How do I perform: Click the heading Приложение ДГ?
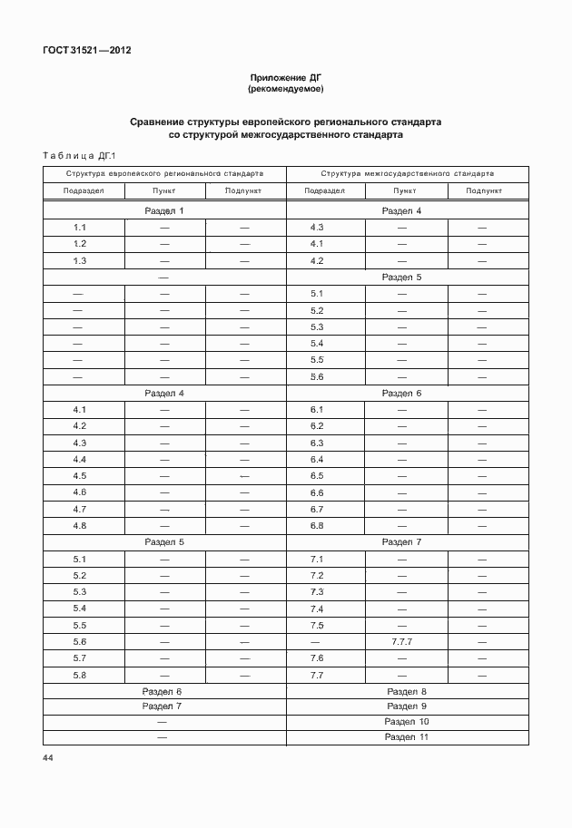pyautogui.click(x=286, y=79)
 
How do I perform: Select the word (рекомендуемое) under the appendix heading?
pyautogui.click(x=286, y=90)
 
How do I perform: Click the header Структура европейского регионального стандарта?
pyautogui.click(x=164, y=172)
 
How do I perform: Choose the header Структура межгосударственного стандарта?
pyautogui.click(x=407, y=172)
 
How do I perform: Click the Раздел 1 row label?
pyautogui.click(x=164, y=211)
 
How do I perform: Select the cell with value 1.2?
pyautogui.click(x=80, y=244)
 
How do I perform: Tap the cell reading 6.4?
pyautogui.click(x=317, y=460)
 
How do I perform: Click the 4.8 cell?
pyautogui.click(x=80, y=526)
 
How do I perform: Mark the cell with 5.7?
pyautogui.click(x=80, y=658)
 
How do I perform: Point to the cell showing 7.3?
pyautogui.click(x=317, y=592)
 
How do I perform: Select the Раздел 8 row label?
pyautogui.click(x=406, y=692)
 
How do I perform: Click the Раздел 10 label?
pyautogui.click(x=406, y=722)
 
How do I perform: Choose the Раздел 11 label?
pyautogui.click(x=406, y=737)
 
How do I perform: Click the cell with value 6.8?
pyautogui.click(x=317, y=526)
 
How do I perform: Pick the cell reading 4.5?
pyautogui.click(x=80, y=476)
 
